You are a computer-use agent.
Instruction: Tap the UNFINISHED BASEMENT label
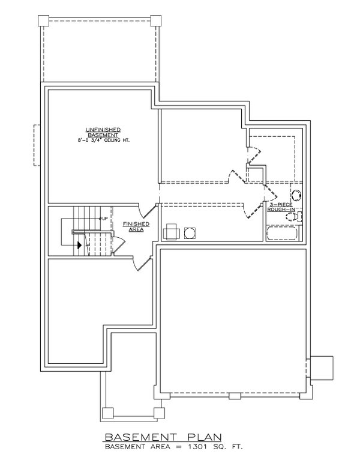point(103,132)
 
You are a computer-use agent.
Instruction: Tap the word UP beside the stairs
point(104,218)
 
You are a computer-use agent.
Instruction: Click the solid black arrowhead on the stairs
point(78,244)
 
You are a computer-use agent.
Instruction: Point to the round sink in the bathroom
point(297,195)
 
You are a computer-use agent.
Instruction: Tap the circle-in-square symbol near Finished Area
point(190,232)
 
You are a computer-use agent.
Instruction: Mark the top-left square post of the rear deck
point(43,20)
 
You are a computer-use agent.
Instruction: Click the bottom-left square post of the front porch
point(108,413)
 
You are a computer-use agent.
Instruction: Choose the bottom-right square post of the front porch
point(159,413)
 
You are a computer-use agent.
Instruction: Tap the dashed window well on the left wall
point(37,145)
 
